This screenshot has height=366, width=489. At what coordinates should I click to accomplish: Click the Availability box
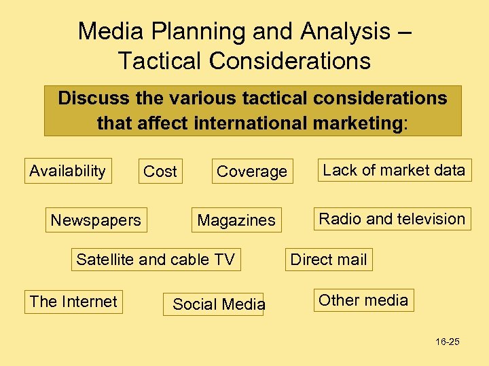[67, 171]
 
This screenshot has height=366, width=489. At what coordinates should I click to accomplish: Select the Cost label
[160, 172]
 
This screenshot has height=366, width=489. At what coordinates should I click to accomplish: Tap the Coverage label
[251, 172]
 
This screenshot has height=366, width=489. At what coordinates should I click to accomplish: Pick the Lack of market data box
[394, 170]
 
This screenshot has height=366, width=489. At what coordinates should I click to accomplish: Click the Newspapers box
[96, 220]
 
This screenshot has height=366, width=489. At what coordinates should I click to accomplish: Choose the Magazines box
[236, 220]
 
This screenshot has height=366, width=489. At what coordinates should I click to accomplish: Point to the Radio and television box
[392, 219]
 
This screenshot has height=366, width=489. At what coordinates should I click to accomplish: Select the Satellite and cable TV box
[156, 260]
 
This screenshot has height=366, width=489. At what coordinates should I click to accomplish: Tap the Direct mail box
[329, 260]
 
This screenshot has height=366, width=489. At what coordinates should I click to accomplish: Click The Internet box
[73, 302]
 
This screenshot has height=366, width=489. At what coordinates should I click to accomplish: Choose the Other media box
[363, 300]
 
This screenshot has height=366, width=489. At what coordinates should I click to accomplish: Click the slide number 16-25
[448, 342]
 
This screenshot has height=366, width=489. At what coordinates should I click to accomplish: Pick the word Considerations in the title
[291, 61]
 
